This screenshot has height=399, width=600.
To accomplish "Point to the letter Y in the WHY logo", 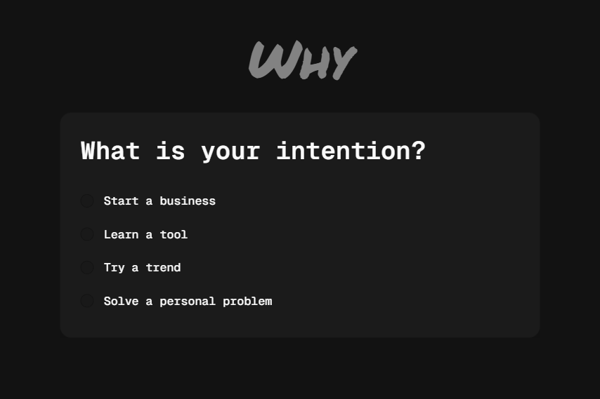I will pos(342,63).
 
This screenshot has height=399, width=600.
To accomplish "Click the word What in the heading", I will pos(110,151).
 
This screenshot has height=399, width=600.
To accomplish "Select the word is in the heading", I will pos(171,151).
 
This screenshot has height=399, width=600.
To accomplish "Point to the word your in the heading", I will pos(230,151).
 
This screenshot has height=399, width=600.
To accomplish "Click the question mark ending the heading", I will pos(419,151).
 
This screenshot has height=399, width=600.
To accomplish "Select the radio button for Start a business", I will pos(87,201).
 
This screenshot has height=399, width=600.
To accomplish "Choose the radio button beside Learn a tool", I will pos(87,234).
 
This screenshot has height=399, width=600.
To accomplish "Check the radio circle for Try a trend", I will pos(87,268).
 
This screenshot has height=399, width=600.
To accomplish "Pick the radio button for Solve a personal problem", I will pos(87,301).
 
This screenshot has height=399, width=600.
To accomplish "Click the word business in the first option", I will pos(188,201).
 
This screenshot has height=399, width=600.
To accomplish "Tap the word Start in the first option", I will pos(121,201).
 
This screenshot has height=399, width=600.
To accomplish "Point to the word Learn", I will pos(121,234).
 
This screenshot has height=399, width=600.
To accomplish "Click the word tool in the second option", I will pos(174,234).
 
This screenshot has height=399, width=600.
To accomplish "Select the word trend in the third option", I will pos(163,268).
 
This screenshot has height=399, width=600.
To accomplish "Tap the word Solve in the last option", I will pos(121,301).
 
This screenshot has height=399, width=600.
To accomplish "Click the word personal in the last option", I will pos(188,301).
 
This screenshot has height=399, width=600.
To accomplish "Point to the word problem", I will pos(247,301).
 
